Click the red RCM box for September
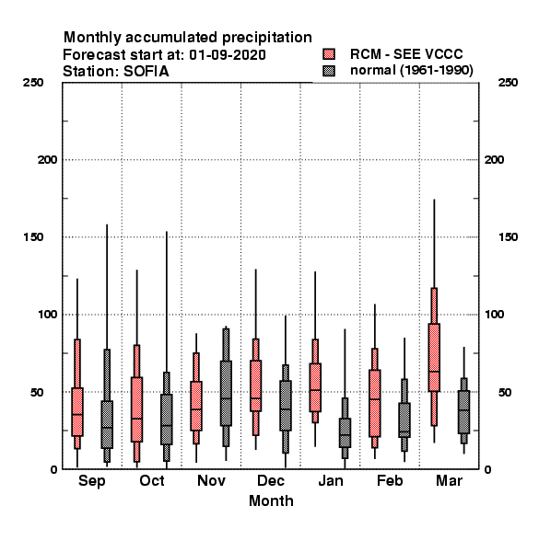[77, 412]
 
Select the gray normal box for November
[226, 393]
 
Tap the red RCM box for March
[434, 357]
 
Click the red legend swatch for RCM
[329, 54]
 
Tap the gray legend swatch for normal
[329, 71]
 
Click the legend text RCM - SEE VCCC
[406, 54]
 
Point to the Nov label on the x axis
[211, 480]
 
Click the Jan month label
[330, 480]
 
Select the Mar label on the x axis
[449, 480]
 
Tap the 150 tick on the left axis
[33, 237]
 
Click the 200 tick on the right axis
[494, 160]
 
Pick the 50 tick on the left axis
[37, 392]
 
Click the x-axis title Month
[271, 501]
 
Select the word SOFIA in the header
[146, 72]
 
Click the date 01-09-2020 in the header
[228, 55]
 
